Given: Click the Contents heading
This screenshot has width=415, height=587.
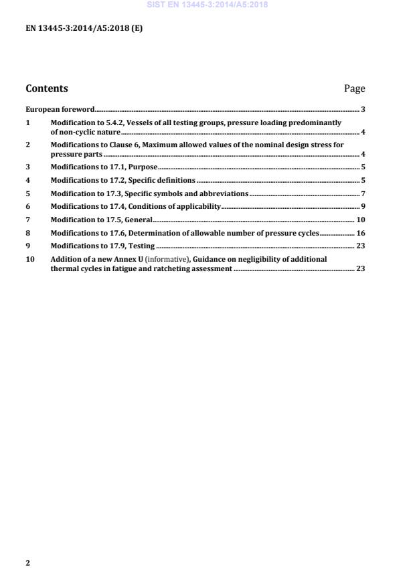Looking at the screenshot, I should click(x=46, y=88).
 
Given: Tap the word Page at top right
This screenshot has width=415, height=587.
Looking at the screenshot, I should click(x=354, y=88).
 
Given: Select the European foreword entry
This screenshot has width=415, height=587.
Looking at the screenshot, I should click(x=60, y=109).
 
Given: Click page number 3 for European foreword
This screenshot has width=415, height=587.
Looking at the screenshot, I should click(x=362, y=109).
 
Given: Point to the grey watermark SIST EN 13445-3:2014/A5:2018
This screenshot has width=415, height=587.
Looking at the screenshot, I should click(x=207, y=5).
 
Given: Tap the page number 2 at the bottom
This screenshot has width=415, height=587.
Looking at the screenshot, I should click(x=27, y=563).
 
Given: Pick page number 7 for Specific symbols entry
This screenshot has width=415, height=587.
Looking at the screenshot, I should click(x=362, y=193).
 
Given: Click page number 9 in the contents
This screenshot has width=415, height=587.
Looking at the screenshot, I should click(x=362, y=206).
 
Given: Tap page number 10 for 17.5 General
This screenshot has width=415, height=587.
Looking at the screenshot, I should click(x=360, y=220).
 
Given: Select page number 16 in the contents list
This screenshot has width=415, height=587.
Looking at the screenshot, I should click(x=360, y=233).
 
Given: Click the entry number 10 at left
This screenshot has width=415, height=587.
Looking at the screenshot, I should click(x=29, y=259).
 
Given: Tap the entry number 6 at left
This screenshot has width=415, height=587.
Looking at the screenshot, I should click(x=27, y=206).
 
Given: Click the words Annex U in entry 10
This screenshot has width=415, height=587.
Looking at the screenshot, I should click(x=133, y=259).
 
